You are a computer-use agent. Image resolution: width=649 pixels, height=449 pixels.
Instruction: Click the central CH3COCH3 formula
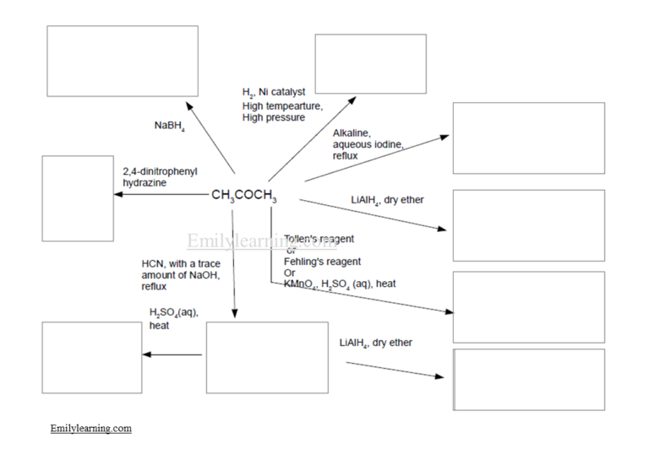243,196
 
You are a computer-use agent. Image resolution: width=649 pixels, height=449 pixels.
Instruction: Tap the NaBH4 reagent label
169,126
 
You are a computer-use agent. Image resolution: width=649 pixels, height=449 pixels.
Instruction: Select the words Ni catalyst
283,92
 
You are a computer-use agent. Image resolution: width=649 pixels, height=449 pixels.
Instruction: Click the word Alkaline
352,133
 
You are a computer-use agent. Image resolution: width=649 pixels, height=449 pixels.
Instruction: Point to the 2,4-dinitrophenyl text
160,171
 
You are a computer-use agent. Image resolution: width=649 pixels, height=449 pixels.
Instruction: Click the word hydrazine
145,182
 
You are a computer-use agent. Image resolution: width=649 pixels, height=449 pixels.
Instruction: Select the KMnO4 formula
302,284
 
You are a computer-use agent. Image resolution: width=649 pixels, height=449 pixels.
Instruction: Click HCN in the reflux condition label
153,263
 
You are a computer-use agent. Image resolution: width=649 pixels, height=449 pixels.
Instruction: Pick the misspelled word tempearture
293,105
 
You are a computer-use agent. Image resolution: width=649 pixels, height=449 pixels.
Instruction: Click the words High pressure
274,117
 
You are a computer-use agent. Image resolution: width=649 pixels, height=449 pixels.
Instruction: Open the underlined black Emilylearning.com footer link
90,428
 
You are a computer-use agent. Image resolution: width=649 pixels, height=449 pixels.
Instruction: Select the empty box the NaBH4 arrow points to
122,61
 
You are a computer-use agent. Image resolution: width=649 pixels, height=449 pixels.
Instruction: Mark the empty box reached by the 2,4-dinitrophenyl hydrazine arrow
78,198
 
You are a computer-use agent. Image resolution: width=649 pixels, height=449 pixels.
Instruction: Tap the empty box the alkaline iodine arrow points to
528,138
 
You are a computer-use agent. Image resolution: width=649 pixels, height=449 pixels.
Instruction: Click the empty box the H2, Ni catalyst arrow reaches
370,63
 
